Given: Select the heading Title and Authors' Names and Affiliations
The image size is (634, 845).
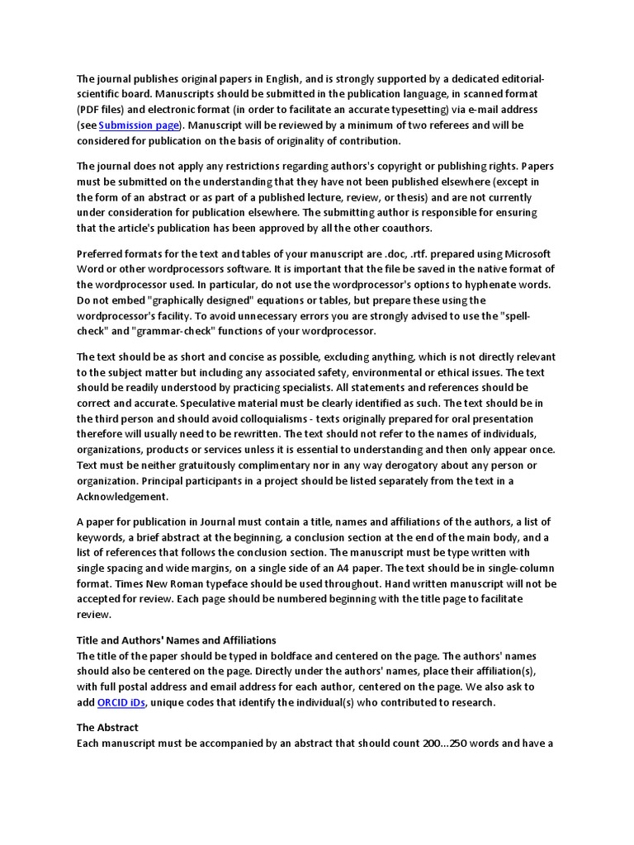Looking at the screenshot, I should tap(177, 640).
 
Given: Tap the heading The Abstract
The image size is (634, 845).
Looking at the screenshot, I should tap(107, 728).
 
